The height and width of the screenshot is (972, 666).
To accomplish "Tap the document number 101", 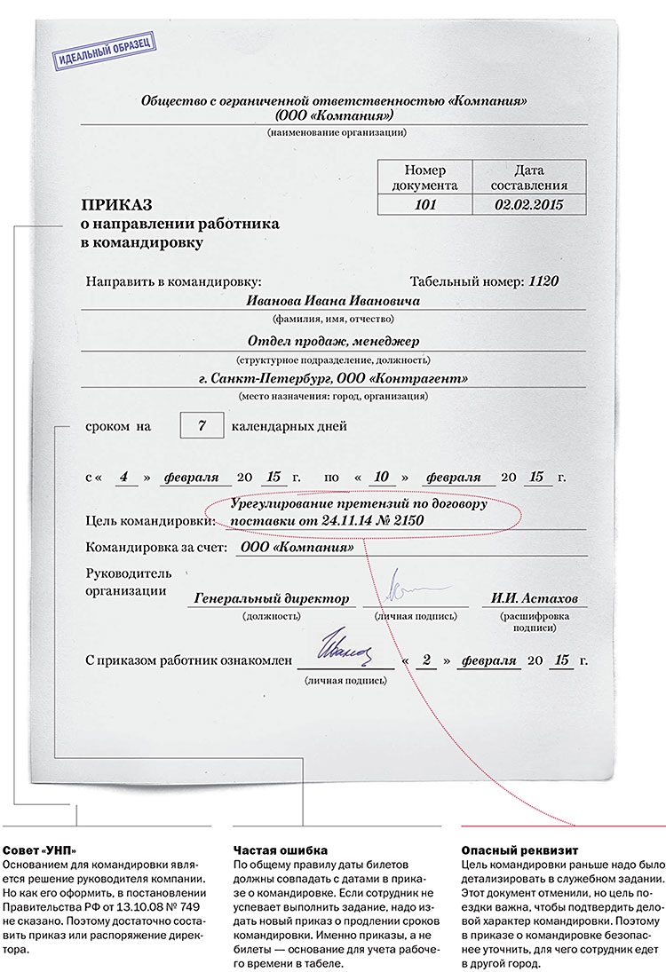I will [x=424, y=204].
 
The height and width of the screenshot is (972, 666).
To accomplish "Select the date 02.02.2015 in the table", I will [x=529, y=204].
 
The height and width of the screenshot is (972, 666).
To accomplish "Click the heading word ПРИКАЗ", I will [x=115, y=203].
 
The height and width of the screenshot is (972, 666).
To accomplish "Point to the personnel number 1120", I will [x=543, y=281].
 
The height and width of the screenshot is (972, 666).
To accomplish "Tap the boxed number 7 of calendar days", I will [x=202, y=426].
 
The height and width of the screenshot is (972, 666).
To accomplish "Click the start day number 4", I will [x=128, y=477].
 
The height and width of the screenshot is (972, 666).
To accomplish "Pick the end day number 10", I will [x=381, y=477].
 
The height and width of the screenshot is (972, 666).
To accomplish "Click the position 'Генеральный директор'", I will [x=272, y=597].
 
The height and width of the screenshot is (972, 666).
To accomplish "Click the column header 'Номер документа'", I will [x=424, y=178].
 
